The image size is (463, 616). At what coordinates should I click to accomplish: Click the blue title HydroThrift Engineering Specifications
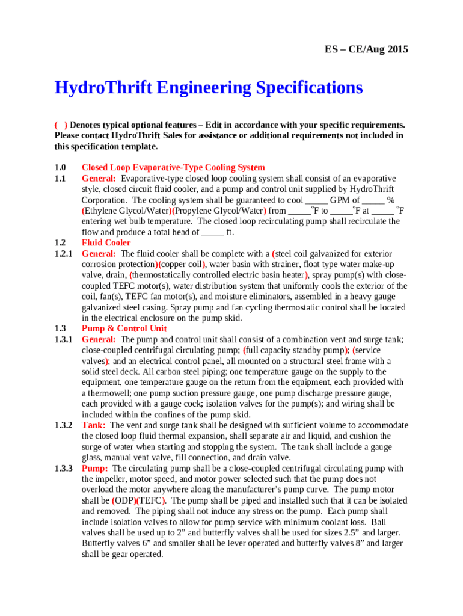click(209, 88)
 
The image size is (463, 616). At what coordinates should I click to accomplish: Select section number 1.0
click(60, 168)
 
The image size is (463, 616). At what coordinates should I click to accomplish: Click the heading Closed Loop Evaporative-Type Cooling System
click(173, 168)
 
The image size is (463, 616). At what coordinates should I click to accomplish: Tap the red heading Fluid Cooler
click(106, 243)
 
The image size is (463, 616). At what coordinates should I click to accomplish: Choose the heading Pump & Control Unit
click(124, 328)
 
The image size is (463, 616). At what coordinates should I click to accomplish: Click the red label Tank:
click(94, 425)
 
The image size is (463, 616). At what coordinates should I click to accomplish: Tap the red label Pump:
click(95, 468)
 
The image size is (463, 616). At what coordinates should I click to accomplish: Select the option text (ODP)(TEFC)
click(140, 500)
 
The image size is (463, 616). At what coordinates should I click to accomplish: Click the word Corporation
click(104, 200)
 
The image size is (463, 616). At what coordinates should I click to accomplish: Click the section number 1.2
click(60, 243)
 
